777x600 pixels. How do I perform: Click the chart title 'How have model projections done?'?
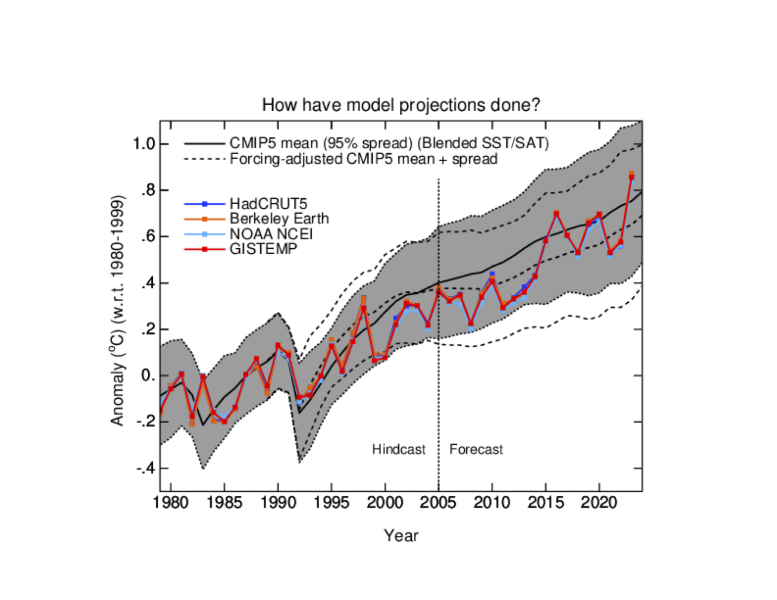401,105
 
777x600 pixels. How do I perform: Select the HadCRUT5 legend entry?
268,204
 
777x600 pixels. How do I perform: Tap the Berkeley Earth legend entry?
279,218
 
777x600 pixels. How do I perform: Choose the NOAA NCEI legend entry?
271,234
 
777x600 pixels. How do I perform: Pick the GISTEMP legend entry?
263,249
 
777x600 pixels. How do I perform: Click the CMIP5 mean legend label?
388,144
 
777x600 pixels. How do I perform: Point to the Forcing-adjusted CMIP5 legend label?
363,159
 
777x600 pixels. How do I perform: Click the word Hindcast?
399,449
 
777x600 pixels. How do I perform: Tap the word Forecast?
476,449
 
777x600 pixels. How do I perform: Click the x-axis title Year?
401,535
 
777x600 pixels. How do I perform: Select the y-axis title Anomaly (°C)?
117,310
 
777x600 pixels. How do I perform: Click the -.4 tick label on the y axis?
146,469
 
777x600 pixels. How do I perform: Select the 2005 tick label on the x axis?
438,502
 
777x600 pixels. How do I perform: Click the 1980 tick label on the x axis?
170,502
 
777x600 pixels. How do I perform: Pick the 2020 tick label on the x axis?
599,502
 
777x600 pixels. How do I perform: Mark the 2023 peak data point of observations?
631,176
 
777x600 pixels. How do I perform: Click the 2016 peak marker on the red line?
556,214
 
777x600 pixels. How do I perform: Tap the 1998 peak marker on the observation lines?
364,307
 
